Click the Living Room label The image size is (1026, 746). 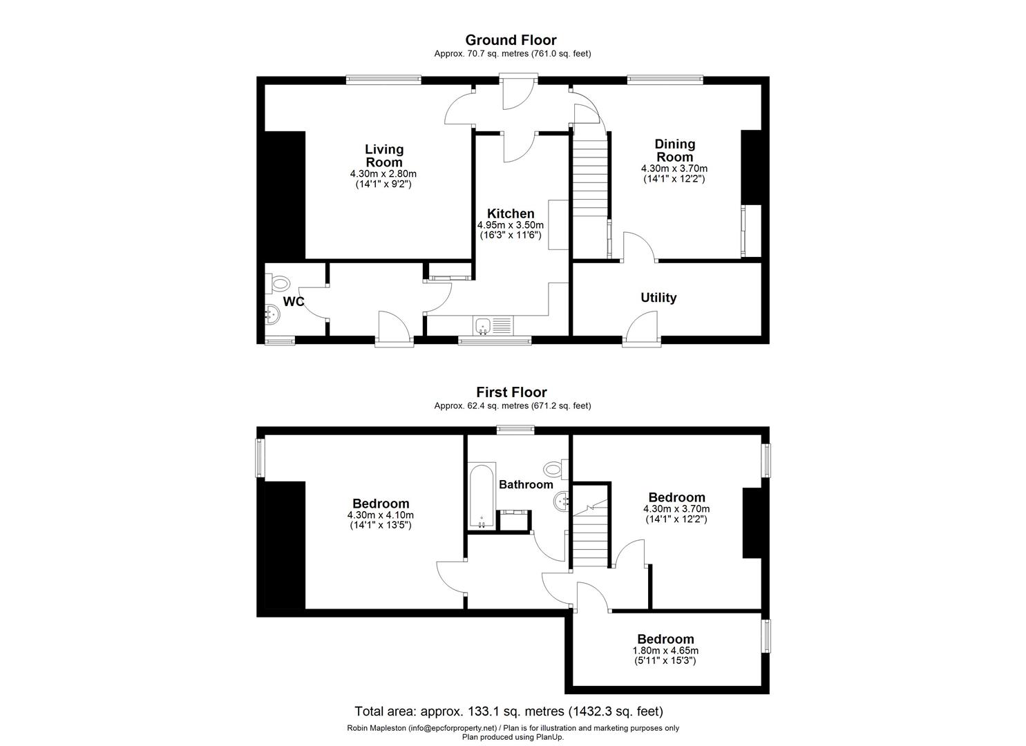click(x=384, y=155)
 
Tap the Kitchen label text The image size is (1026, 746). click(x=511, y=214)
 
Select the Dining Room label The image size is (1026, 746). click(x=674, y=150)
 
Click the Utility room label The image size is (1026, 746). click(x=658, y=298)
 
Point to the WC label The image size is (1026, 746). click(x=294, y=302)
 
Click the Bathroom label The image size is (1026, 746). click(x=526, y=484)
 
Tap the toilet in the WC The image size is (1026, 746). click(x=279, y=283)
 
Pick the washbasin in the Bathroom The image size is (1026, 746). click(x=562, y=500)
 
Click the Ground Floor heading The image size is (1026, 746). click(x=511, y=40)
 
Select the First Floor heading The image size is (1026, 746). click(x=511, y=392)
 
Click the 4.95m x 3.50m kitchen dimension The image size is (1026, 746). click(x=511, y=225)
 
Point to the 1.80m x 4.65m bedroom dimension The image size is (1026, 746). click(x=665, y=651)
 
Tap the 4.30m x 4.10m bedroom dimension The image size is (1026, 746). click(x=381, y=515)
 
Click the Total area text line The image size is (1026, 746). click(x=509, y=711)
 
